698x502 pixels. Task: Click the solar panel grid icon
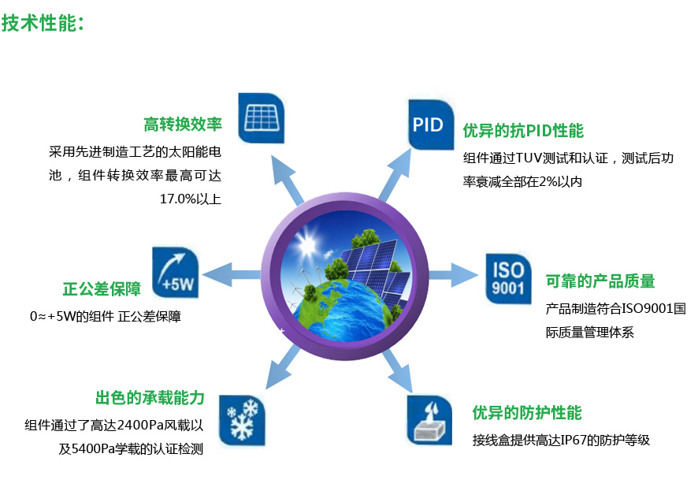coord(262,118)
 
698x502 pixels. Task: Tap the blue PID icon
coord(431,125)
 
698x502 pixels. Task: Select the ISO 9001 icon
coord(508,279)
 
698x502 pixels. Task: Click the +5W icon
coord(176,273)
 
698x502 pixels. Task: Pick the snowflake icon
coord(242,421)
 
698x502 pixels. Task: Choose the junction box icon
coord(429,420)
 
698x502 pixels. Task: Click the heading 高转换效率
coord(183,125)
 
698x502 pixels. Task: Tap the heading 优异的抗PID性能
coord(523,131)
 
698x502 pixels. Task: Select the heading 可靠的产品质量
coord(600,281)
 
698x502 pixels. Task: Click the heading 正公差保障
coord(102,289)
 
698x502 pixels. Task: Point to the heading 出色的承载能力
coord(150,397)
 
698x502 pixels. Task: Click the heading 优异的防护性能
coord(527,413)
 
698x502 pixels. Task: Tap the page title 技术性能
coord(39,23)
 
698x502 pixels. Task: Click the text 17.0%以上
coord(191,199)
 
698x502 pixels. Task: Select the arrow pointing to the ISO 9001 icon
coord(453,275)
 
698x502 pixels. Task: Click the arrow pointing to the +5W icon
coord(231,275)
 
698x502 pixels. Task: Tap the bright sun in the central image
coord(306,244)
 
